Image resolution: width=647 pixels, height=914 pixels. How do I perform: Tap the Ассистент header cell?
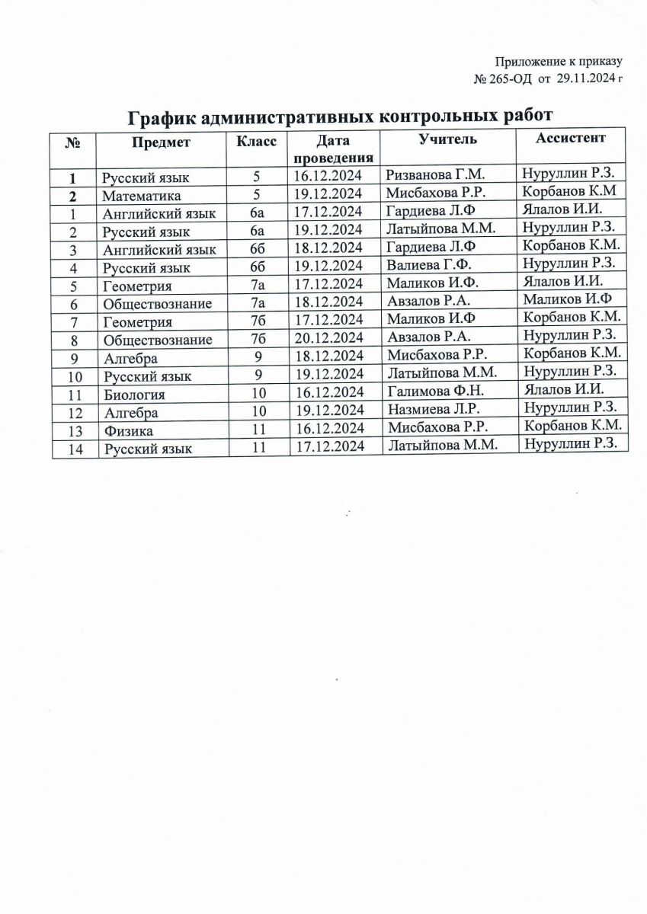[x=571, y=138]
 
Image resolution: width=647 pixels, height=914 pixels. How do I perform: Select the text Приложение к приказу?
[x=559, y=62]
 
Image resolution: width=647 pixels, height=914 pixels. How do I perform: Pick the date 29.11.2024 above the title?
[x=586, y=78]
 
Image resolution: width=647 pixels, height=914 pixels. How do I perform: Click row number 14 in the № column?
[x=74, y=450]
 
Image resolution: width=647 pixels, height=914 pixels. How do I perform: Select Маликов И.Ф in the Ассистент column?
[x=569, y=302]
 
